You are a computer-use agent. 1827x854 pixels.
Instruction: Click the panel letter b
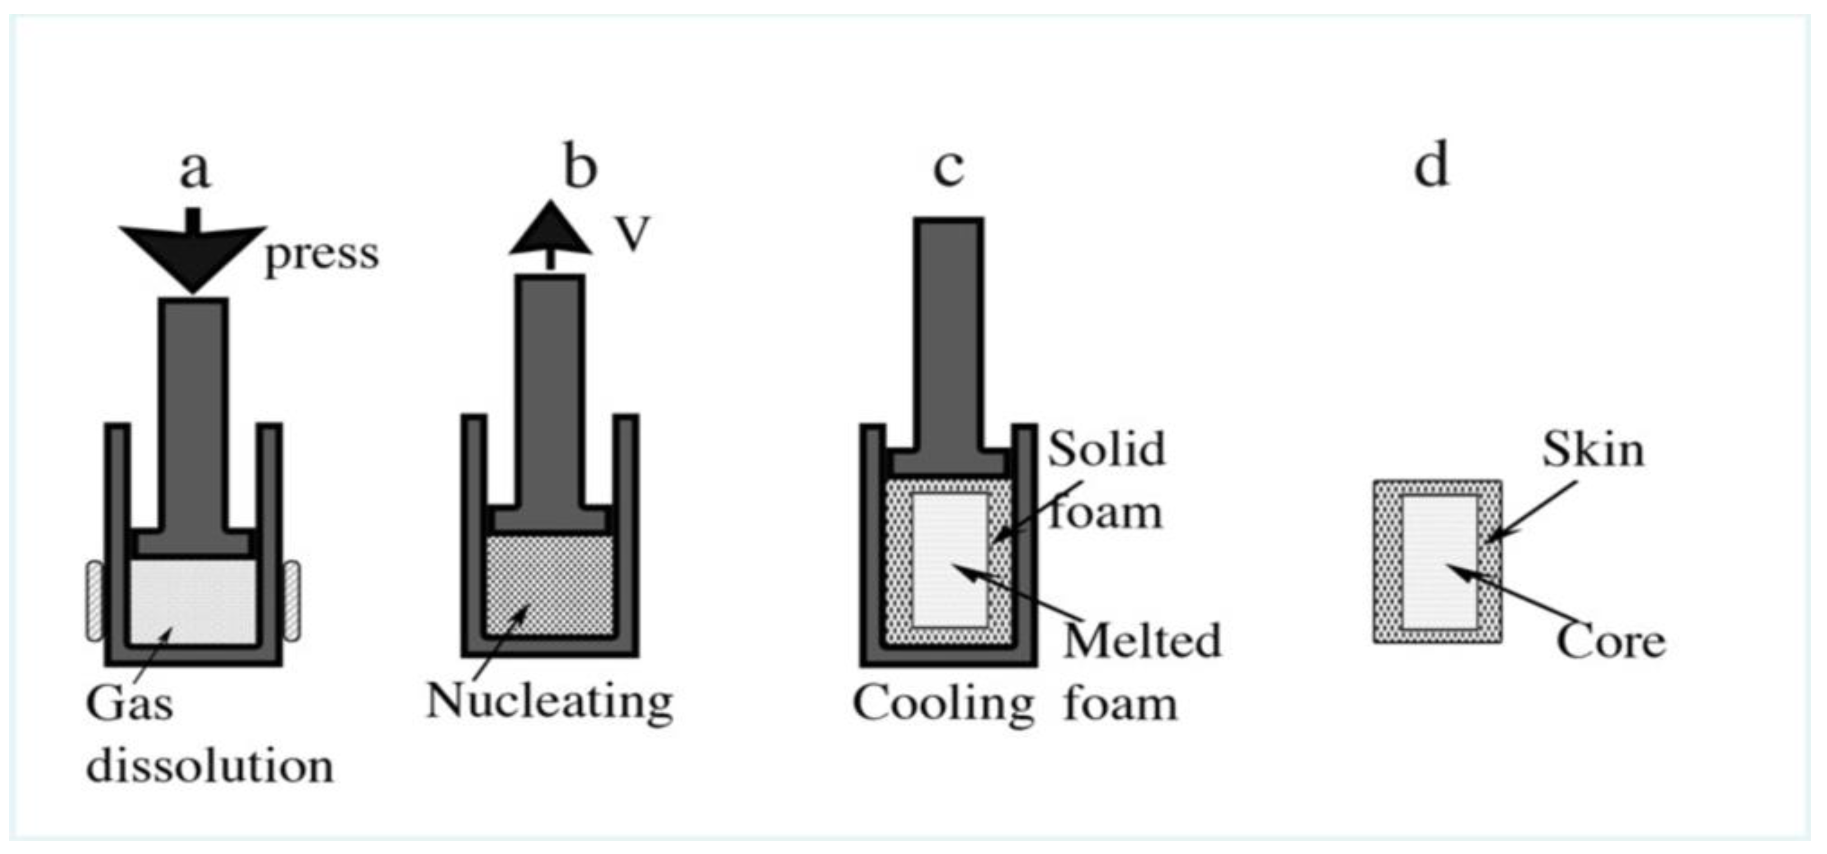(x=580, y=167)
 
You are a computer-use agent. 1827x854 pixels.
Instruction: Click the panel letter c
(x=948, y=168)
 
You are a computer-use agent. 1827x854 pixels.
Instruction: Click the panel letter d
(x=1430, y=167)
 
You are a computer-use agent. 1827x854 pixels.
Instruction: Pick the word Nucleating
(x=549, y=702)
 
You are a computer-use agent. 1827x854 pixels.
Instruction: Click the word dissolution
(x=210, y=767)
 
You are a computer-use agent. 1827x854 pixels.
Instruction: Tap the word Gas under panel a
(x=129, y=705)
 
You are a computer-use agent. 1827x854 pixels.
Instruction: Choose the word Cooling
(x=943, y=705)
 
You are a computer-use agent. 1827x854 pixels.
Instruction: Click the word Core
(x=1610, y=642)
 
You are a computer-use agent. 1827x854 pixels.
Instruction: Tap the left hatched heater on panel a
(x=95, y=601)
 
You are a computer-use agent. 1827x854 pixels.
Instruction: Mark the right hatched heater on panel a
(x=292, y=601)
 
